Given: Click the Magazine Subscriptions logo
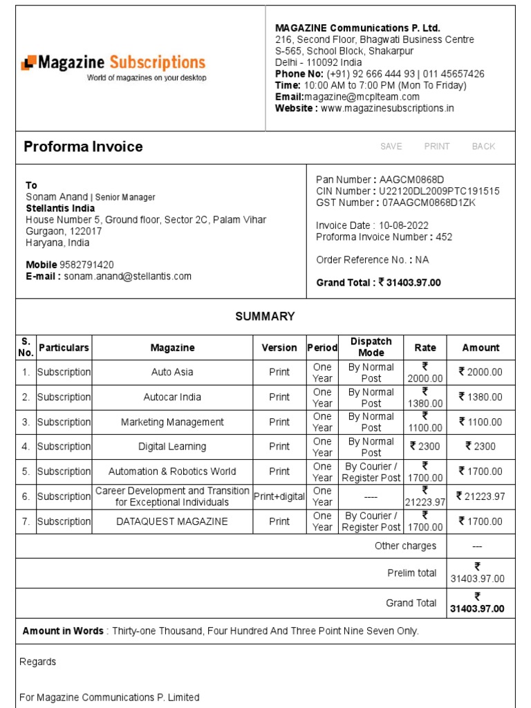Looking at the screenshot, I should click(x=113, y=68).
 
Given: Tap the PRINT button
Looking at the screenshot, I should click(x=437, y=147).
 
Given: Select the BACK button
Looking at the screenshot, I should click(x=483, y=147).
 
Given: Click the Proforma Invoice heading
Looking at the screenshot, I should click(x=83, y=147).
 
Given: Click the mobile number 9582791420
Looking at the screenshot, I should click(x=87, y=265).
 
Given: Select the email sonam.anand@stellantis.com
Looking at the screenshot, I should click(x=128, y=277).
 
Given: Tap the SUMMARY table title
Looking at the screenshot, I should click(x=265, y=317).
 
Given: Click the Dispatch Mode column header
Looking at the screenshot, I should click(x=371, y=347).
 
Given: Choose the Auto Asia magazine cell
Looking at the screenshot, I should click(x=172, y=372).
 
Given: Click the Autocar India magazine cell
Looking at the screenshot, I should click(x=172, y=397).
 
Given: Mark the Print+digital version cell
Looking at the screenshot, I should click(x=279, y=496).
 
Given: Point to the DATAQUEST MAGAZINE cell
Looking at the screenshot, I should click(x=172, y=521).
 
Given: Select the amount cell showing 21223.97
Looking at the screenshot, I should click(x=481, y=496).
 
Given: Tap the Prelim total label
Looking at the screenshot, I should click(x=412, y=573).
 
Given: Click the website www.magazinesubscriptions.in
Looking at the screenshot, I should click(x=387, y=109).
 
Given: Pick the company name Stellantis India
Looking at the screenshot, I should click(x=61, y=209).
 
